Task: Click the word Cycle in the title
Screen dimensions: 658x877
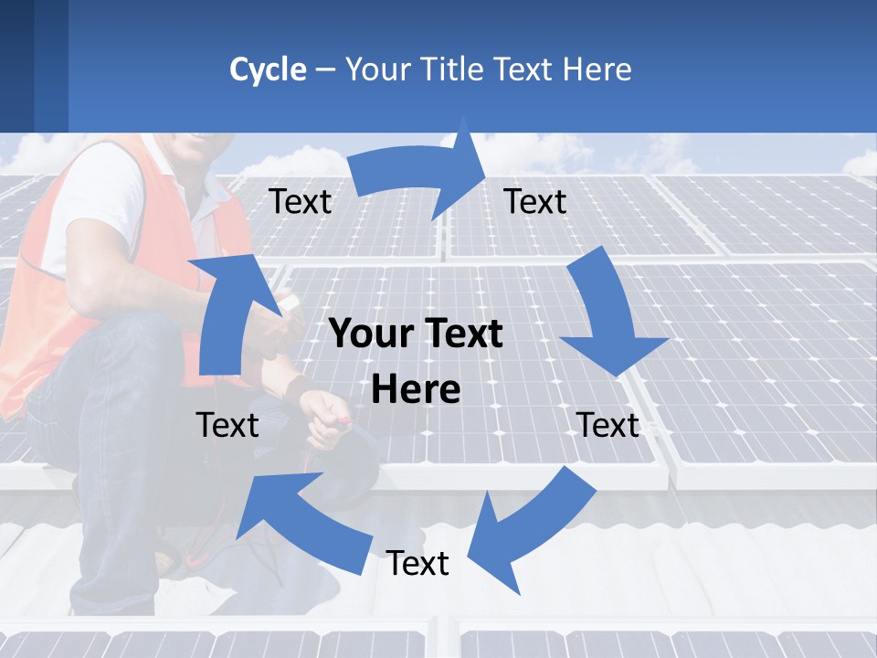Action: pos(268,69)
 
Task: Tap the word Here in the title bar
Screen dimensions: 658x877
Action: pos(597,69)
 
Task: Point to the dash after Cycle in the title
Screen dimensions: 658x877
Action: pos(324,70)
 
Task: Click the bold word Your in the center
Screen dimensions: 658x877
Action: pos(369,334)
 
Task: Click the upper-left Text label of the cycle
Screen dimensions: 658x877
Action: pos(300,202)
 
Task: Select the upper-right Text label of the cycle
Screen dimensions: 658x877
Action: pos(535,202)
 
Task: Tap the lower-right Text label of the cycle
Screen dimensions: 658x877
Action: pos(608,425)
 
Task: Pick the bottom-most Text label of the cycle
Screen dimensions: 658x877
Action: pos(417,563)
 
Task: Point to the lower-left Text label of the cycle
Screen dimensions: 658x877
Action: pos(227,425)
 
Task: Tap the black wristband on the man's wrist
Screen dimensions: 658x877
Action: pos(299,388)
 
